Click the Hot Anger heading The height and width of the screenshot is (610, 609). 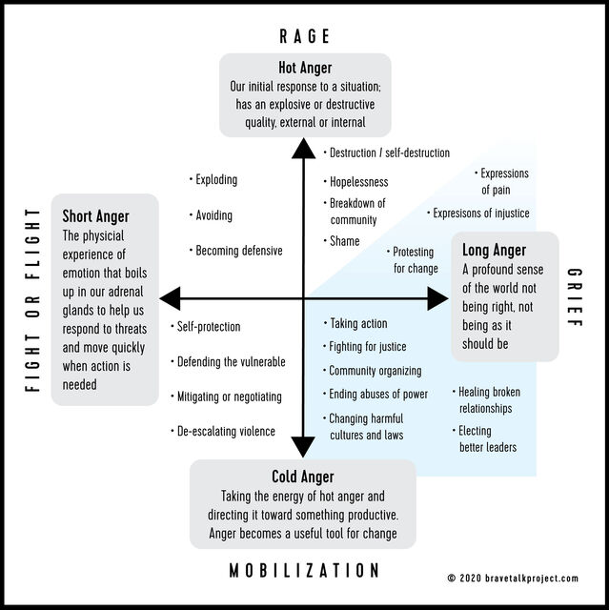point(304,68)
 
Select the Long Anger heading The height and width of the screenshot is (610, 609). point(494,251)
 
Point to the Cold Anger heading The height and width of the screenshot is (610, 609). point(303,477)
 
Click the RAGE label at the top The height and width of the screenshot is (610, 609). point(304,36)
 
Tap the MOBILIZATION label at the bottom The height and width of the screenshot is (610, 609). point(304,570)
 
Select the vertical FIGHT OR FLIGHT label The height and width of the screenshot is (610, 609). point(32,299)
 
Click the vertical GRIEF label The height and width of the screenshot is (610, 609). point(574,299)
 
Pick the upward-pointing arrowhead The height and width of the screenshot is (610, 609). point(303,148)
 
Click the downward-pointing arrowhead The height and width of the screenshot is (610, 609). point(303,447)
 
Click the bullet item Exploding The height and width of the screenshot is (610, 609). point(216,180)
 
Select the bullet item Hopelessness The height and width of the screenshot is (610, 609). point(358,181)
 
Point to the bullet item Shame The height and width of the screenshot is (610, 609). point(344,241)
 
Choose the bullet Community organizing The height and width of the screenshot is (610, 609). point(375,371)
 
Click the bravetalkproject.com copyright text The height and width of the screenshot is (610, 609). point(525,579)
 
